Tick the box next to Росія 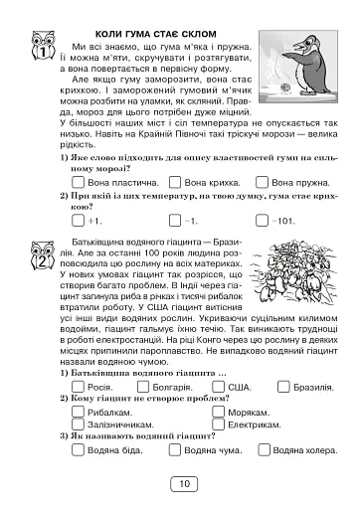(x=78, y=387)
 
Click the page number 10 (x=180, y=484)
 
